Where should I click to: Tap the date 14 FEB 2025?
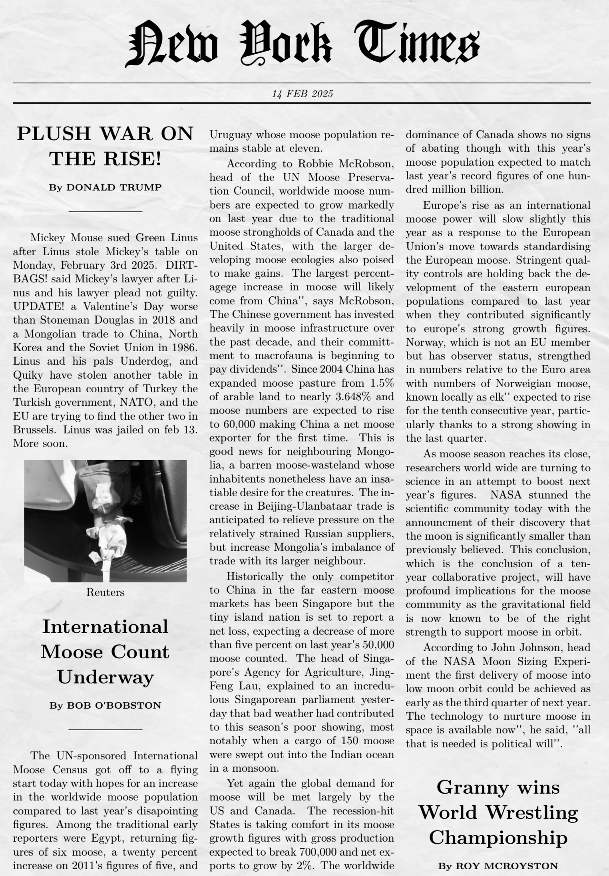(302, 94)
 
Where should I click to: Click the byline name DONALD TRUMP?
(114, 187)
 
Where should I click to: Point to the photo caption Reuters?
(105, 592)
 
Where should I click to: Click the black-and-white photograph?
(105, 521)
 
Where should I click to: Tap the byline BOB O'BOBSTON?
(114, 706)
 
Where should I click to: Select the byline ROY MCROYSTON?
(507, 866)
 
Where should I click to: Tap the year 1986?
(185, 347)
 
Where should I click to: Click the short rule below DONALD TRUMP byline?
(105, 211)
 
